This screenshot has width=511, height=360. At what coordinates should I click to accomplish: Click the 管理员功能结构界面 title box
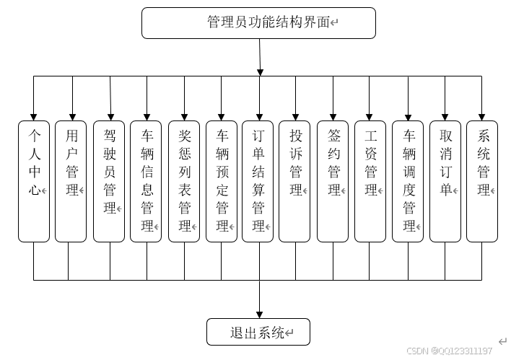pyautogui.click(x=258, y=23)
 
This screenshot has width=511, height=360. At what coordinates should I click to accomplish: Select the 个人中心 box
pyautogui.click(x=33, y=180)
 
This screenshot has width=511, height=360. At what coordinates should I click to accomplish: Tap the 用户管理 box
pyautogui.click(x=71, y=180)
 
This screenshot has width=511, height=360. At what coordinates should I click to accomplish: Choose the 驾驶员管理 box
pyautogui.click(x=109, y=180)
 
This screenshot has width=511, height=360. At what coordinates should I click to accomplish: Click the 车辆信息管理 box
pyautogui.click(x=147, y=180)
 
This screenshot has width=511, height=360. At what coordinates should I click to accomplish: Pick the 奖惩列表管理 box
pyautogui.click(x=184, y=180)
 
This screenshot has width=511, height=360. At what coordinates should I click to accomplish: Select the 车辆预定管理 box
pyautogui.click(x=222, y=180)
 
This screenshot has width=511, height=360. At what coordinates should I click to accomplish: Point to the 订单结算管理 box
pyautogui.click(x=258, y=180)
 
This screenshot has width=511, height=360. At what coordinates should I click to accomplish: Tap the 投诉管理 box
pyautogui.click(x=294, y=180)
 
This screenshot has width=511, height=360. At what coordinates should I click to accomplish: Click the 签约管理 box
pyautogui.click(x=333, y=180)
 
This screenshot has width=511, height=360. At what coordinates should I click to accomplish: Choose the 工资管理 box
pyautogui.click(x=370, y=180)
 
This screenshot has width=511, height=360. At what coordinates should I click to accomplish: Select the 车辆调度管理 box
pyautogui.click(x=408, y=180)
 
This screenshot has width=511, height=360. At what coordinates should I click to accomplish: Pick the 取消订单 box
pyautogui.click(x=445, y=180)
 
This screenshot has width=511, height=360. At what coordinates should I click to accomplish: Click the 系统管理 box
pyautogui.click(x=482, y=180)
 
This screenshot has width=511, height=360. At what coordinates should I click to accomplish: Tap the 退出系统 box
pyautogui.click(x=258, y=332)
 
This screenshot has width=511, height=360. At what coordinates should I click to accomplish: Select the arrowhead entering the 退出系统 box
pyautogui.click(x=259, y=313)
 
